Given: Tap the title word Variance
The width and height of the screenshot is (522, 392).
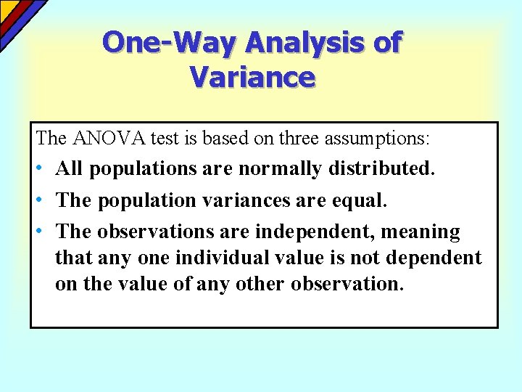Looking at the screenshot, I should (x=253, y=76).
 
